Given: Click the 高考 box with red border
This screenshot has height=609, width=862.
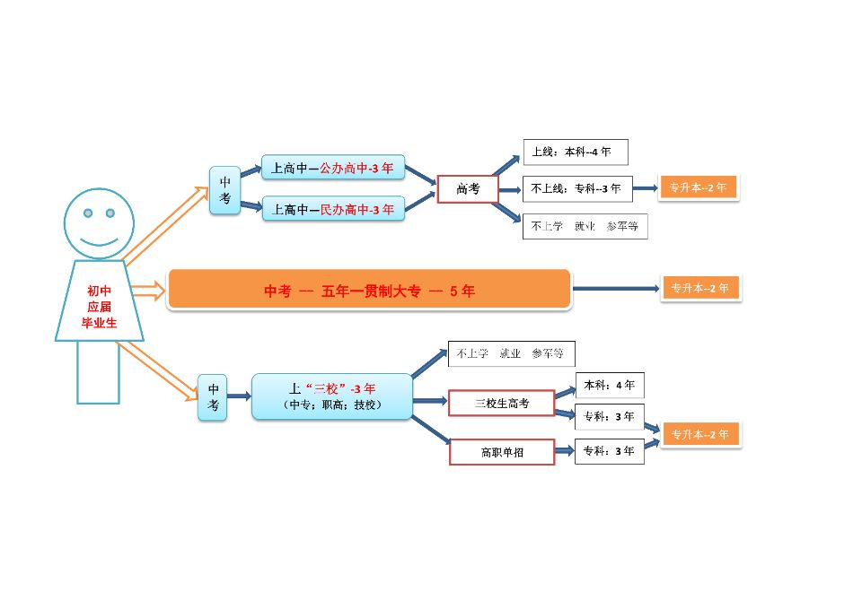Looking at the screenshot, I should pos(467,188).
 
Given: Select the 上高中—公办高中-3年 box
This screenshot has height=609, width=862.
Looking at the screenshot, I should pos(333,168).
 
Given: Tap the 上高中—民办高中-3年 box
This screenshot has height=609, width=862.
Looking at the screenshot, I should pos(333,209).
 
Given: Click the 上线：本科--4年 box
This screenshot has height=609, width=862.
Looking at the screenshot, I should pos(576,152).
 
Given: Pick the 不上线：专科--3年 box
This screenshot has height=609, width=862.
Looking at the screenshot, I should pos(577,188).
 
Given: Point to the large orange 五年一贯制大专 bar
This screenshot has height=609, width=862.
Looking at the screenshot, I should pos(369,290).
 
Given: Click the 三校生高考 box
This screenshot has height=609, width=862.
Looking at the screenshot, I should pos(502,404).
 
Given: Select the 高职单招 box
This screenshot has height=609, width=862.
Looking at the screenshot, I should pos(502,452).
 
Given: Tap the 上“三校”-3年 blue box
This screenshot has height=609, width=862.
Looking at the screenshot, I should pos(332,396).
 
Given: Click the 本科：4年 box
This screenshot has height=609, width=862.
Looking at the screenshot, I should pos(610,385).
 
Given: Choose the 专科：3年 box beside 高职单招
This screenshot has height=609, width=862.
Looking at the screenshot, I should pos(610,451).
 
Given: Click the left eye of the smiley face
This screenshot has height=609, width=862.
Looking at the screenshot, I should pos(88,213).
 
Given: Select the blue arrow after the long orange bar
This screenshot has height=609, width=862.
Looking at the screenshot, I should pos(615,289).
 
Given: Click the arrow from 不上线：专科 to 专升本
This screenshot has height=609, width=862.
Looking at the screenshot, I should pos(645,188).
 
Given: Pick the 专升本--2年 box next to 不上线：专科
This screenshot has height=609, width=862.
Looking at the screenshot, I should pos(699,187).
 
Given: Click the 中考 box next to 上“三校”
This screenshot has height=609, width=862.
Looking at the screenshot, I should pos(214,396).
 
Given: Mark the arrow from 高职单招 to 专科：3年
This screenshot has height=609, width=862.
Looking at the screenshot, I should pos(564,450).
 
